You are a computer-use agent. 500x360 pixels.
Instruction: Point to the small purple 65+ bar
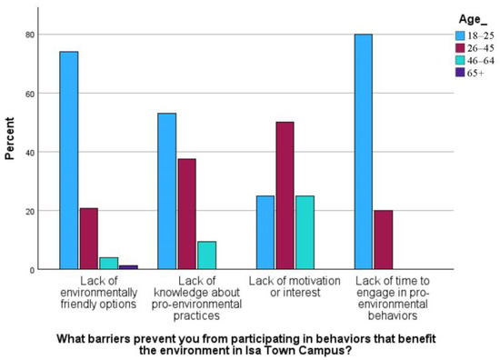pyautogui.click(x=127, y=267)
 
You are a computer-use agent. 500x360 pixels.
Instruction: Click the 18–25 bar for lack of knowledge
pyautogui.click(x=167, y=192)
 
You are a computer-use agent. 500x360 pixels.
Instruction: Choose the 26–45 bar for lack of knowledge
pyautogui.click(x=187, y=215)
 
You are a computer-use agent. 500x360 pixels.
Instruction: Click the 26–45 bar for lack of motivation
pyautogui.click(x=285, y=196)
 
